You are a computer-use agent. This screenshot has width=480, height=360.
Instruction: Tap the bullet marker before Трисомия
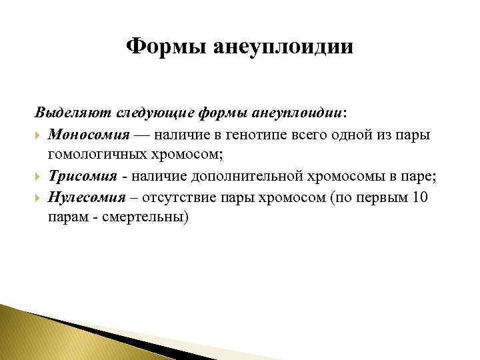coord(39,177)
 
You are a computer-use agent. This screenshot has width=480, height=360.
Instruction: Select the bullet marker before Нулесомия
coord(39,198)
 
